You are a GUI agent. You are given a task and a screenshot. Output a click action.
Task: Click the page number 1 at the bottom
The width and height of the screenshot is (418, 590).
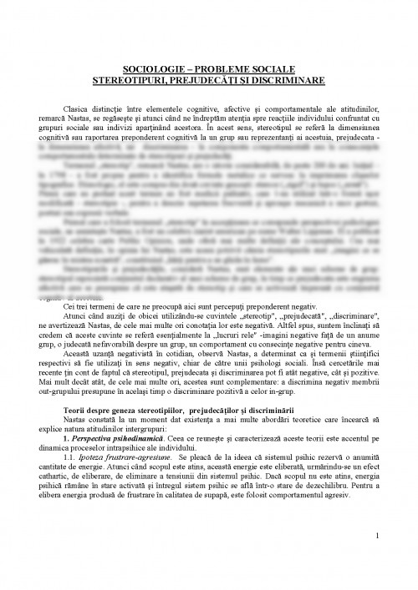click(x=380, y=557)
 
